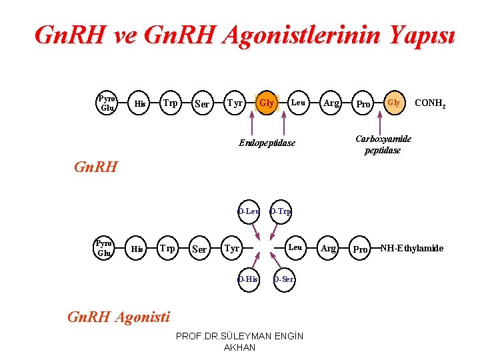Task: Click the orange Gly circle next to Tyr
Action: (x=267, y=103)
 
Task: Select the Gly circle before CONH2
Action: (x=394, y=103)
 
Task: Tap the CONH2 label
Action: (x=430, y=103)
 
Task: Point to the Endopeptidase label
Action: (x=267, y=143)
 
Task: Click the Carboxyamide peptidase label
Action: (x=383, y=145)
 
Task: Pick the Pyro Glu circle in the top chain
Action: (x=106, y=103)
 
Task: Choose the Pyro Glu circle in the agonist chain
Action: (x=104, y=248)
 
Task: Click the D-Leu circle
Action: (x=249, y=212)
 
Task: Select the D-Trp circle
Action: (x=280, y=212)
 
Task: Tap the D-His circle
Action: (x=248, y=279)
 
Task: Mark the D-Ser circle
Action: (x=284, y=279)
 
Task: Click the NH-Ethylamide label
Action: (x=411, y=249)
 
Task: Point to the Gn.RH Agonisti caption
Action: (x=119, y=317)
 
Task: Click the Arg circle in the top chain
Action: (x=331, y=103)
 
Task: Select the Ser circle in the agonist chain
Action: (x=199, y=249)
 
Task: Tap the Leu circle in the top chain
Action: (x=298, y=103)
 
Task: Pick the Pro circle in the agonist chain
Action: (x=361, y=249)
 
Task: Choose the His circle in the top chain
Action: (x=140, y=103)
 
